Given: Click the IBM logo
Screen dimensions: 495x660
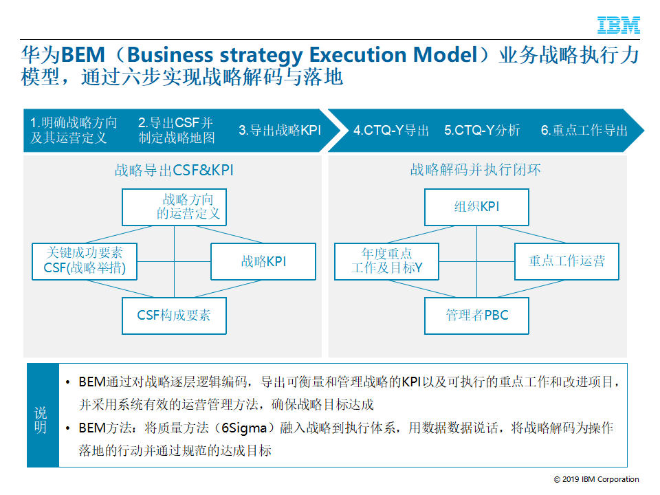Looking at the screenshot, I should click(x=619, y=25).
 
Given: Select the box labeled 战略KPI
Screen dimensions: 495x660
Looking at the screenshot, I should click(x=263, y=261).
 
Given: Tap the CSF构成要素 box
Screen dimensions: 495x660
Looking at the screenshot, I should click(x=174, y=316).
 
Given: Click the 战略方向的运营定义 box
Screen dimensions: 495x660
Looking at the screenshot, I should click(x=174, y=207).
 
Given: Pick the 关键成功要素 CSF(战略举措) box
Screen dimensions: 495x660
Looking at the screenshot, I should click(x=84, y=261).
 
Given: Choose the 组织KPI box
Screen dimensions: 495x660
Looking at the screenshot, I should click(x=476, y=207).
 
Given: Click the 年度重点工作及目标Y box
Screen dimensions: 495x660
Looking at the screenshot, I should click(x=386, y=261).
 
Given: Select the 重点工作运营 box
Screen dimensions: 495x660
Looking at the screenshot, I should click(x=566, y=261).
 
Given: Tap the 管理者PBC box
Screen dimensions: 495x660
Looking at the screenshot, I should click(x=476, y=316).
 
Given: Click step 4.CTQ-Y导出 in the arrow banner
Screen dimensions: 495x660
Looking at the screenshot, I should click(x=391, y=130).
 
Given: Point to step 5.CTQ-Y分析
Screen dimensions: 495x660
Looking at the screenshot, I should click(x=482, y=130).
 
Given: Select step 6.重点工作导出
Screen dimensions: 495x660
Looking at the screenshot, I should click(x=584, y=130).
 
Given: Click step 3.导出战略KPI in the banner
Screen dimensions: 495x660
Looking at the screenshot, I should click(x=280, y=130).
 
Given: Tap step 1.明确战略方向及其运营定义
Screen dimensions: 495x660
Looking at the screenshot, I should click(x=74, y=130).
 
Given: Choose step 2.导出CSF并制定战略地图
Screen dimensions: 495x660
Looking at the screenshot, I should click(x=176, y=130).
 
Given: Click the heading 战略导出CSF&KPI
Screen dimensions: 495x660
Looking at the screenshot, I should click(x=174, y=170).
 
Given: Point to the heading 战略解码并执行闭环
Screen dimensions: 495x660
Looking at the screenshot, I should click(x=476, y=170).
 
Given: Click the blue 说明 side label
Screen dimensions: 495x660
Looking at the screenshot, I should click(x=41, y=419).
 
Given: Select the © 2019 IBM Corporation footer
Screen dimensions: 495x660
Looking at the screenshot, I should click(x=596, y=479).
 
